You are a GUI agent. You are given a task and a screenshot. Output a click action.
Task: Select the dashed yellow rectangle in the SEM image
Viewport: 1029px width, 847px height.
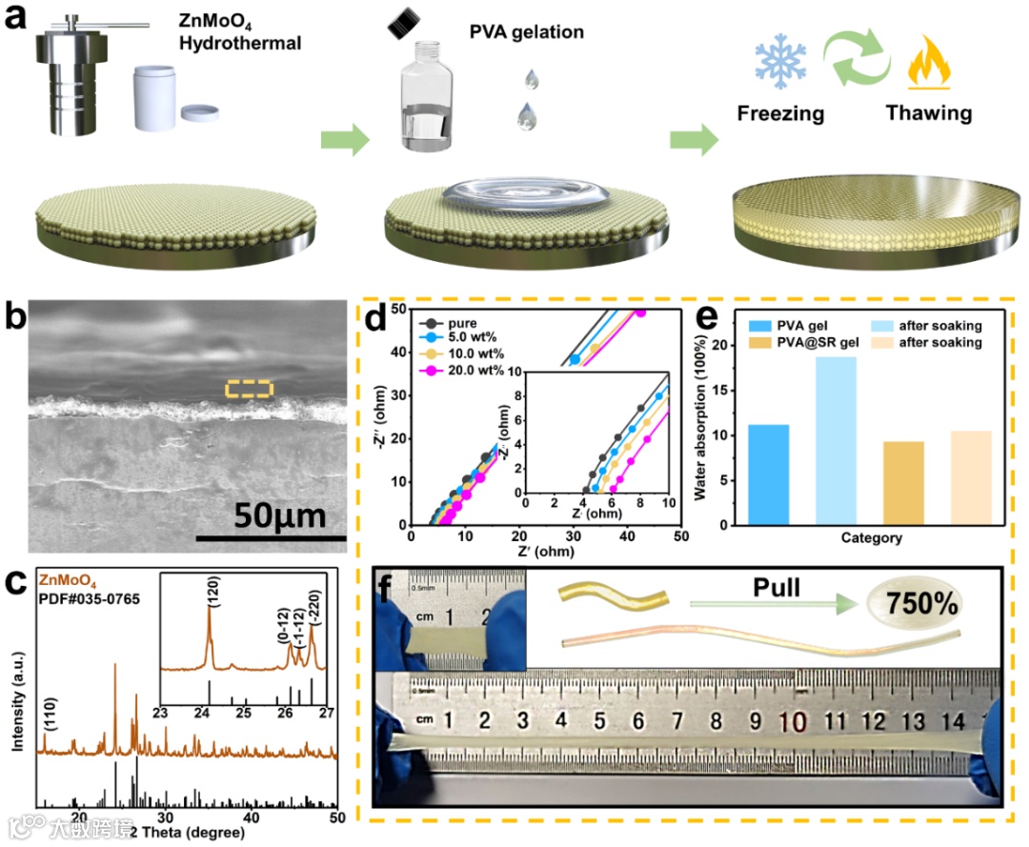(x=249, y=388)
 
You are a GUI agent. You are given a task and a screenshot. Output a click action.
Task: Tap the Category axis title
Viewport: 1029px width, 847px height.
(x=871, y=539)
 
